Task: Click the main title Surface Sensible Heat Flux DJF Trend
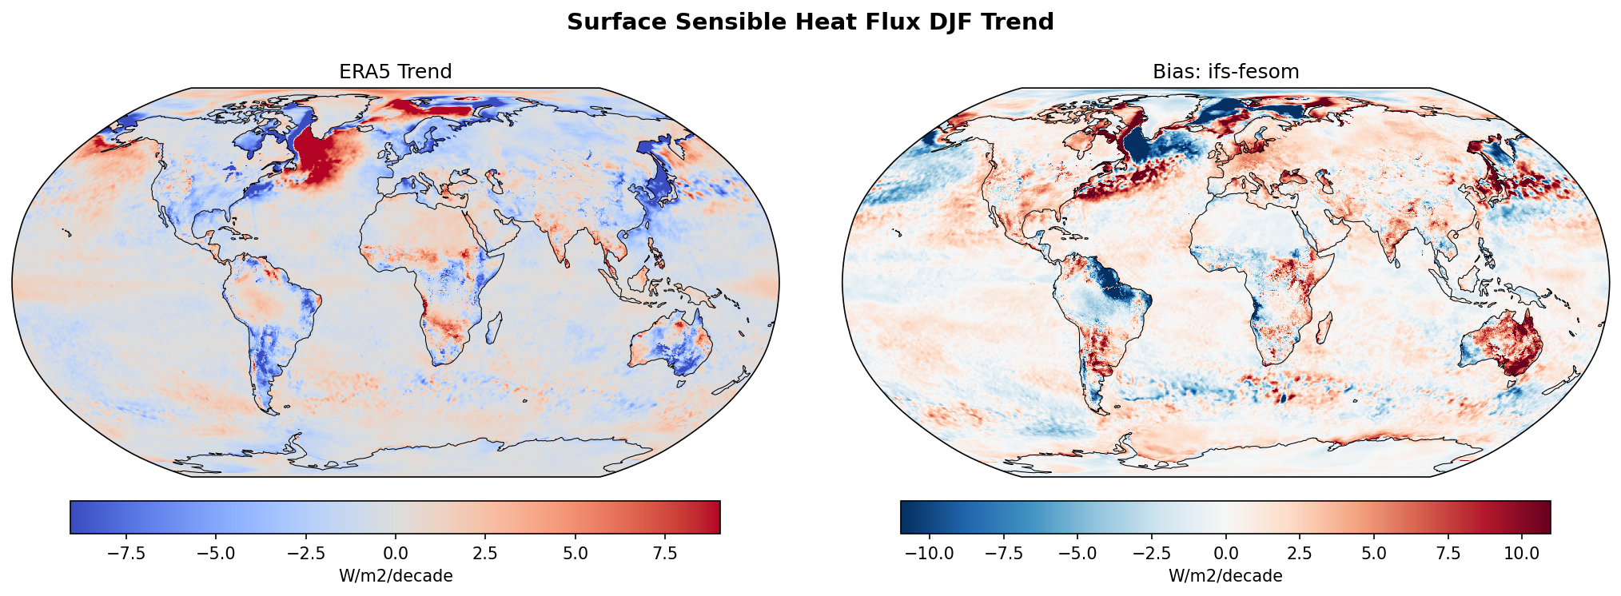pos(810,22)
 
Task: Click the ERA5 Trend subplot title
pos(396,72)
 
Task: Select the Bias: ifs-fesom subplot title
pos(1225,72)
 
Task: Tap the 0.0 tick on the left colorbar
pos(396,554)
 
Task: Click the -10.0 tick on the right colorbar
pos(930,554)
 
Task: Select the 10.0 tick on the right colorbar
pos(1522,554)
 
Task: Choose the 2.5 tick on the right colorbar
pos(1300,554)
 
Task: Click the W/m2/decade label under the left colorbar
pos(396,576)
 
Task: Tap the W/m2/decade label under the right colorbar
pos(1225,576)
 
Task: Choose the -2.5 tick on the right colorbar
pos(1151,554)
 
